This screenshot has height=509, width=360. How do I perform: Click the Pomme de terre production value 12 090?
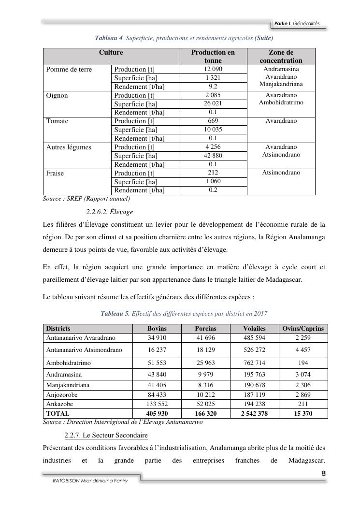[x=213, y=69]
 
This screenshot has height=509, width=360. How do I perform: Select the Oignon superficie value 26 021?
[x=213, y=103]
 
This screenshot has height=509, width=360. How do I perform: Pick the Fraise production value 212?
[x=213, y=173]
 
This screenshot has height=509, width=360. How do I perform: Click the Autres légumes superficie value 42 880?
[x=213, y=155]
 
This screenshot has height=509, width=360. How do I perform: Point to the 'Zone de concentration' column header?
[x=281, y=56]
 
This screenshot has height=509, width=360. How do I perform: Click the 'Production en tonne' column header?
[x=213, y=56]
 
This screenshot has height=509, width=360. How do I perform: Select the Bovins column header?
[x=157, y=328]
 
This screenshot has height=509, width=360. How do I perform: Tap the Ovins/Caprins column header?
[x=303, y=328]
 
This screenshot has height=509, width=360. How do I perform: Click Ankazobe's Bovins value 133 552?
[x=157, y=404]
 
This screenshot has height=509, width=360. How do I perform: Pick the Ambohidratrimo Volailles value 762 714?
[x=254, y=363]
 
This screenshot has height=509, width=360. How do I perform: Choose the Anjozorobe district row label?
[x=62, y=394]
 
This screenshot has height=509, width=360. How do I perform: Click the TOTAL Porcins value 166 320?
[x=205, y=414]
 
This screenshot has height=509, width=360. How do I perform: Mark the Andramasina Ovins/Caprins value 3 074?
[x=303, y=374]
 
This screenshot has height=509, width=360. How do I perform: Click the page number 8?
[x=323, y=473]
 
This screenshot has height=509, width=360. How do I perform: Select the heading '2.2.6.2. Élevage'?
[x=110, y=212]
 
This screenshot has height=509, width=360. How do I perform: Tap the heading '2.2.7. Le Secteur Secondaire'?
[x=107, y=436]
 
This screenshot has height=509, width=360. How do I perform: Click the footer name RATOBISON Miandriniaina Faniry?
[x=87, y=481]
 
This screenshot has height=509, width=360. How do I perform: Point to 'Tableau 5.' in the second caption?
[x=115, y=314]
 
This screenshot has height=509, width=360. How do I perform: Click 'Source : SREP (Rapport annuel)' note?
[x=86, y=198]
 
